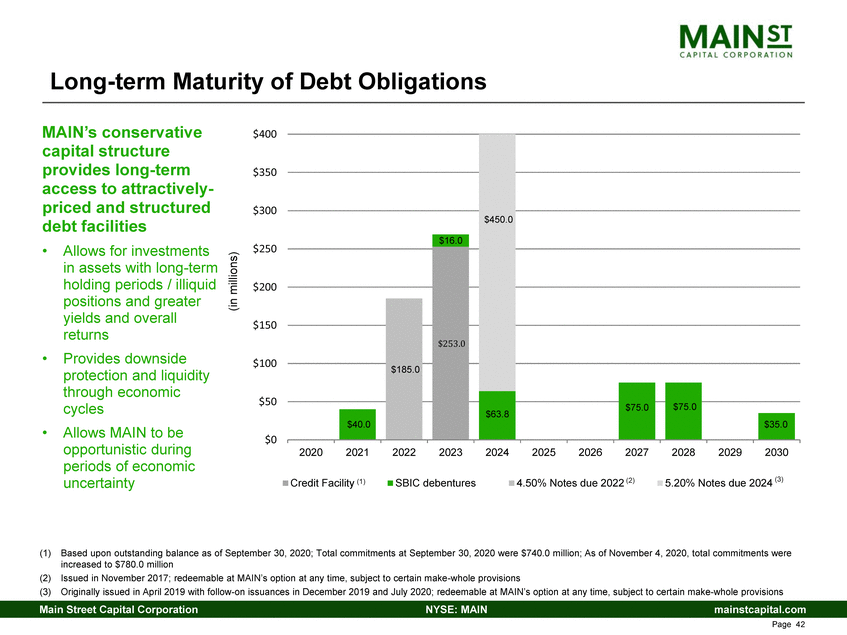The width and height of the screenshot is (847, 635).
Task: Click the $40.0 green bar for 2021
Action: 357,424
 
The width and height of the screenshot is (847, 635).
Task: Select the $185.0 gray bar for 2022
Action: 404,368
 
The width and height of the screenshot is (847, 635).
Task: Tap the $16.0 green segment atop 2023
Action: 451,240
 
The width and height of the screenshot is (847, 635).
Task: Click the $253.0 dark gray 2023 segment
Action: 451,343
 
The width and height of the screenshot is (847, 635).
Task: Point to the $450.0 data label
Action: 497,220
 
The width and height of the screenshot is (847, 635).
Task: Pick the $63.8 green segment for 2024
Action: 497,414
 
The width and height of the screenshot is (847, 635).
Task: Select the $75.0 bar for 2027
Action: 636,410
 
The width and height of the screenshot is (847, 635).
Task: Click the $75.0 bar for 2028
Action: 683,410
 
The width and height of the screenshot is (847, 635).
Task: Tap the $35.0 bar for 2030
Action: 776,426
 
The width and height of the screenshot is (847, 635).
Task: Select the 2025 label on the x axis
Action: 544,453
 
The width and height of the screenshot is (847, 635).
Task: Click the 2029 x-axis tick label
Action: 730,453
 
